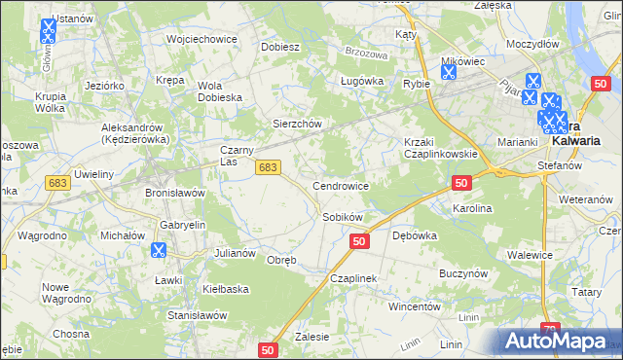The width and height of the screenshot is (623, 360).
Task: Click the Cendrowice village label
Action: [x=340, y=185]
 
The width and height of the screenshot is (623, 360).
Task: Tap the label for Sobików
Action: [x=343, y=217]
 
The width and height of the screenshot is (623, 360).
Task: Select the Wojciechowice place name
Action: [x=202, y=39]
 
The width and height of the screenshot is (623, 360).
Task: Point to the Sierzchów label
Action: [x=296, y=125]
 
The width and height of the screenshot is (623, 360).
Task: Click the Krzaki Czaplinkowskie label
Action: [x=441, y=148]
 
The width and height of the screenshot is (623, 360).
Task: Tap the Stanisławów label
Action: [x=198, y=315]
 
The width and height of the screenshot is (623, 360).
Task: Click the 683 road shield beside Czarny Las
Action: [x=270, y=168]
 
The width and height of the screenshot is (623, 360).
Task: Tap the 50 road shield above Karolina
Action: [x=461, y=183]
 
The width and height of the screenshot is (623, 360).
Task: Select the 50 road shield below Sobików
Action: [x=359, y=241]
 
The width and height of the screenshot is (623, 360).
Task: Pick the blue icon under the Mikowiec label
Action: [x=449, y=75]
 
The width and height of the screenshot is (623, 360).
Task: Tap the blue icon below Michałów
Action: [x=158, y=250]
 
